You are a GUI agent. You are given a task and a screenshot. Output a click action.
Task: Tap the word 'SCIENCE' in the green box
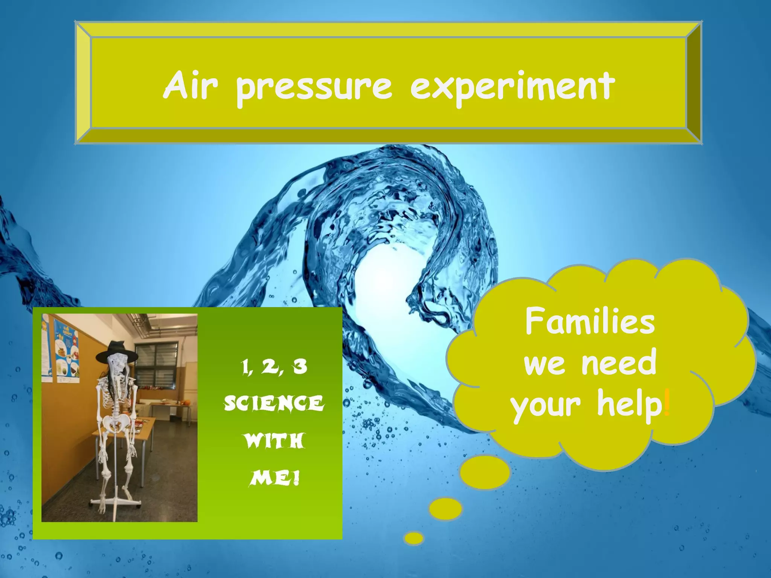[x=274, y=404]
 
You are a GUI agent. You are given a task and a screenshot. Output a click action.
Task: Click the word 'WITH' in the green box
[x=274, y=441]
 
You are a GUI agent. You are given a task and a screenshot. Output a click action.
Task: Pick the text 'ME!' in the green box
[x=274, y=479]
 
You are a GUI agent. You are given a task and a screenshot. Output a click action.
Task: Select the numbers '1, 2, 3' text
[x=274, y=367]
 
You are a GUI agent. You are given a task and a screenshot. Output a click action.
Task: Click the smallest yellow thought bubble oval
[x=414, y=538]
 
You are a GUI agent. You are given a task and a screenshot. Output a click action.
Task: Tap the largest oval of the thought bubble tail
[x=485, y=472]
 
